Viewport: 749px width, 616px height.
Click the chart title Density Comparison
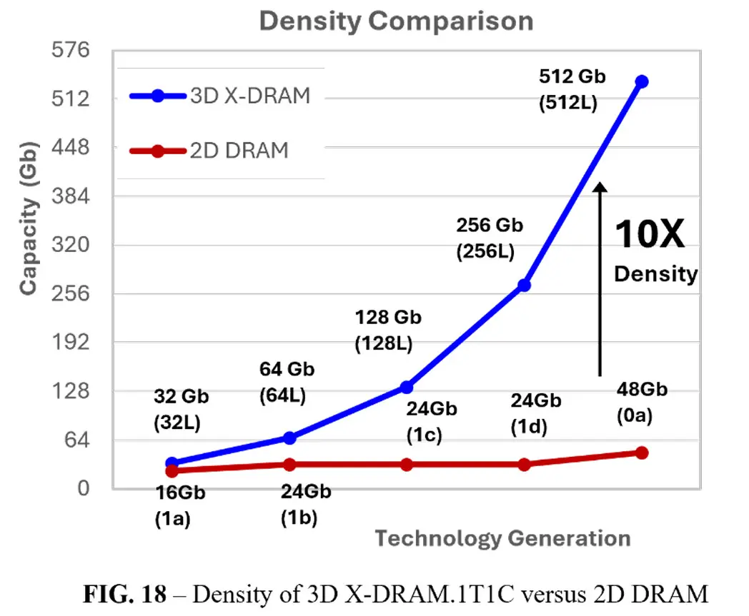pyautogui.click(x=396, y=21)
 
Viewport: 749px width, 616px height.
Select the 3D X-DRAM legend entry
pyautogui.click(x=220, y=96)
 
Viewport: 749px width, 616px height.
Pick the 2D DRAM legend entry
pyautogui.click(x=209, y=151)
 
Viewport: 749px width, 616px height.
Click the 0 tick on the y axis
pyautogui.click(x=84, y=489)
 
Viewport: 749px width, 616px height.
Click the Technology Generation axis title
pyautogui.click(x=502, y=537)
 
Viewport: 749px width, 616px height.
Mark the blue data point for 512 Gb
pyautogui.click(x=642, y=81)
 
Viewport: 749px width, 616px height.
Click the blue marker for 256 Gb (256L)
pyautogui.click(x=524, y=285)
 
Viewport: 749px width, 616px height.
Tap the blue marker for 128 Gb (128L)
pyautogui.click(x=407, y=387)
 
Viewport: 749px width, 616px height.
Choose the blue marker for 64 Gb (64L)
pyautogui.click(x=289, y=438)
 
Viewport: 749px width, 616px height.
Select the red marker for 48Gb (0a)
pyautogui.click(x=642, y=453)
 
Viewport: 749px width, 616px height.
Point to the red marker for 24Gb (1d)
pyautogui.click(x=524, y=465)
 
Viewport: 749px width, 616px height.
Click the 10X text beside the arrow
pyautogui.click(x=649, y=234)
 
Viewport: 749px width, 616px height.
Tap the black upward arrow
pyautogui.click(x=600, y=278)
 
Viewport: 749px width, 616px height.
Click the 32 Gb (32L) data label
pyautogui.click(x=177, y=408)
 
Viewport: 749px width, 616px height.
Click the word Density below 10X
pyautogui.click(x=655, y=273)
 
